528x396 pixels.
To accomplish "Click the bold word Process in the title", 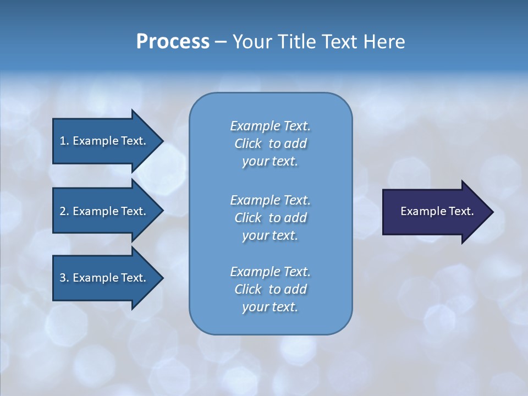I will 173,42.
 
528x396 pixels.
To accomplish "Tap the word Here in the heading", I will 384,42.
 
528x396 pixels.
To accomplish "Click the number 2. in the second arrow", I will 64,211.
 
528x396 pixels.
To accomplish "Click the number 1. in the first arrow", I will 64,141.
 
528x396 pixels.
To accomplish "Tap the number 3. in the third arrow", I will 64,278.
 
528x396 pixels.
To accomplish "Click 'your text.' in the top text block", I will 270,162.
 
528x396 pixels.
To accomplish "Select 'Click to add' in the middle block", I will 270,218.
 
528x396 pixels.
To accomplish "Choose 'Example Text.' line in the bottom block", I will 270,272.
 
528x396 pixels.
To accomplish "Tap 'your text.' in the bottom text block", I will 270,307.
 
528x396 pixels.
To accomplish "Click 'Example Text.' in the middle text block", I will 270,200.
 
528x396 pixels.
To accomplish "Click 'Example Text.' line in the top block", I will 270,126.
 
